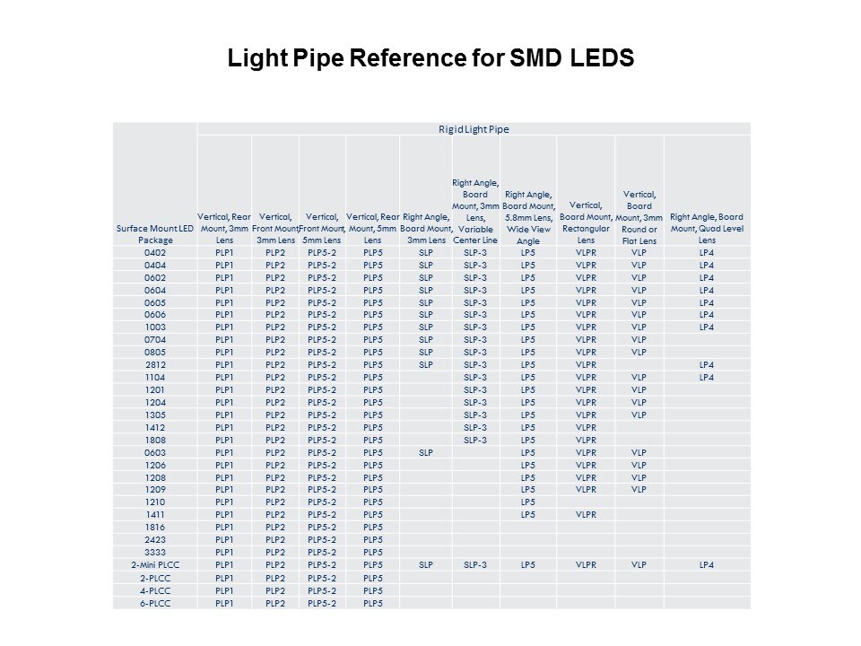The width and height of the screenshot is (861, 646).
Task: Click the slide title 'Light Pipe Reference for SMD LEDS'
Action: pyautogui.click(x=430, y=58)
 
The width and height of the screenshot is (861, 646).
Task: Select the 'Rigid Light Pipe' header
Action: pyautogui.click(x=474, y=129)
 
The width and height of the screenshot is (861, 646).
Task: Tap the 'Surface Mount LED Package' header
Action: pyautogui.click(x=155, y=234)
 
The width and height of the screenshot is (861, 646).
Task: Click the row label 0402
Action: pyautogui.click(x=155, y=252)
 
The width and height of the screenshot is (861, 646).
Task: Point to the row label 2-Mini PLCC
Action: pyautogui.click(x=155, y=564)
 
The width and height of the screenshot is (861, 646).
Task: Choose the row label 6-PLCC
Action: pyautogui.click(x=155, y=602)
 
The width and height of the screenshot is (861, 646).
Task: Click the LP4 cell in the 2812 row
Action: pyautogui.click(x=707, y=364)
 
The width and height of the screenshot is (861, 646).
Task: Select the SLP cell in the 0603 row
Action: pyautogui.click(x=426, y=452)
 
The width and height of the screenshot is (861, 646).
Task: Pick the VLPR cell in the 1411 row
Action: pyautogui.click(x=586, y=514)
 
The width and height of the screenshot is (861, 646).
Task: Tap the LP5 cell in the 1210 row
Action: pyautogui.click(x=528, y=502)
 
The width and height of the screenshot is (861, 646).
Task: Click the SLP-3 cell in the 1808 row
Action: pyautogui.click(x=475, y=440)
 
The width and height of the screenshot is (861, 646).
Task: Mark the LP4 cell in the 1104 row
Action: pyautogui.click(x=707, y=377)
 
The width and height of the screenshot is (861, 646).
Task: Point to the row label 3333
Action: pyautogui.click(x=155, y=552)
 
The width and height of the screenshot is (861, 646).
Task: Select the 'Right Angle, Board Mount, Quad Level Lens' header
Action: pyautogui.click(x=707, y=228)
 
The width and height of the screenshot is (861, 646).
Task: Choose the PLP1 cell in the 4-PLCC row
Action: pyautogui.click(x=224, y=589)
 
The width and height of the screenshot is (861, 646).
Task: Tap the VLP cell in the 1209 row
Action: pyautogui.click(x=639, y=489)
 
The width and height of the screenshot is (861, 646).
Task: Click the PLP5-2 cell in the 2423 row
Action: pyautogui.click(x=322, y=539)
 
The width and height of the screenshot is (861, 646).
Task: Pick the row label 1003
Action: pyautogui.click(x=155, y=327)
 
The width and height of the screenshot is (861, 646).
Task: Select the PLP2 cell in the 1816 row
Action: pyautogui.click(x=274, y=527)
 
